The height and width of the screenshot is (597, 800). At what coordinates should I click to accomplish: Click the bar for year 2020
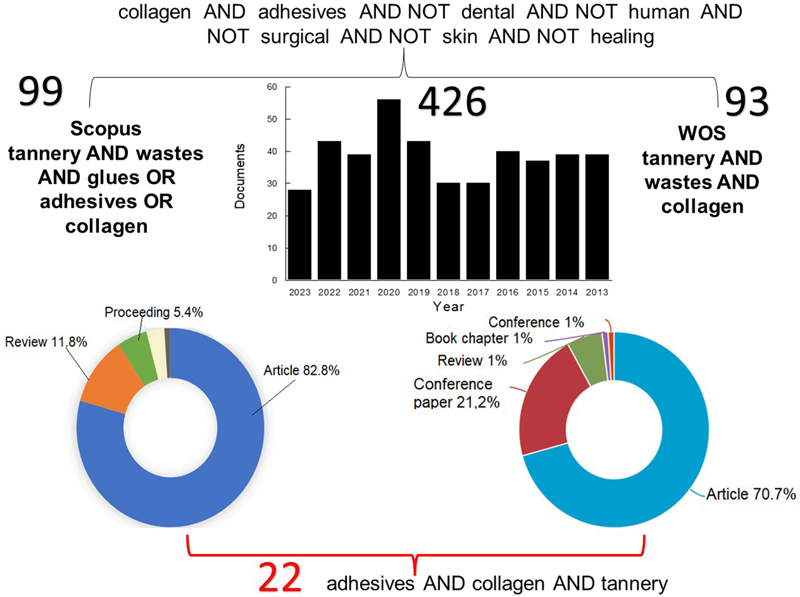tap(389, 189)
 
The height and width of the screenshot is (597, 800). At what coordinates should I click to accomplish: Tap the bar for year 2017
tap(478, 231)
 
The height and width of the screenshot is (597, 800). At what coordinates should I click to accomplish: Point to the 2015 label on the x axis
tap(537, 292)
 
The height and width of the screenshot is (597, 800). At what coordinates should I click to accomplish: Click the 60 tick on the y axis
tap(272, 87)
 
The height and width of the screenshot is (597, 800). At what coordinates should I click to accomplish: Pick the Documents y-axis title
tap(240, 176)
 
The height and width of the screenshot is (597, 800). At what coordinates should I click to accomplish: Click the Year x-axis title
tap(448, 307)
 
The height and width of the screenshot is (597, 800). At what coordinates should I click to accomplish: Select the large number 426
tap(452, 102)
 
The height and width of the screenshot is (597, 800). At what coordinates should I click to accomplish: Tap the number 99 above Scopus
tap(40, 91)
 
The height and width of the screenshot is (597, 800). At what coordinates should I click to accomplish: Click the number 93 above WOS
tap(746, 102)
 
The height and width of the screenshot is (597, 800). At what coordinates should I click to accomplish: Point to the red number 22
tap(279, 577)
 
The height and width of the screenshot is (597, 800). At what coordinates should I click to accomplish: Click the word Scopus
tap(106, 129)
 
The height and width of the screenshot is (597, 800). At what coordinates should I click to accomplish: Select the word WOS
tap(701, 134)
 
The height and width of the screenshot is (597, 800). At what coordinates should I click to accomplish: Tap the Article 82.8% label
tap(301, 371)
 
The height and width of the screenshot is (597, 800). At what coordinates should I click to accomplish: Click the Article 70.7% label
tap(750, 494)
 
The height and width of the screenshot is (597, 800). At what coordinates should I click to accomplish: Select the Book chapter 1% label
tap(478, 338)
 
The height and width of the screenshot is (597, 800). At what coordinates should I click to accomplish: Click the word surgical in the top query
tap(294, 36)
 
